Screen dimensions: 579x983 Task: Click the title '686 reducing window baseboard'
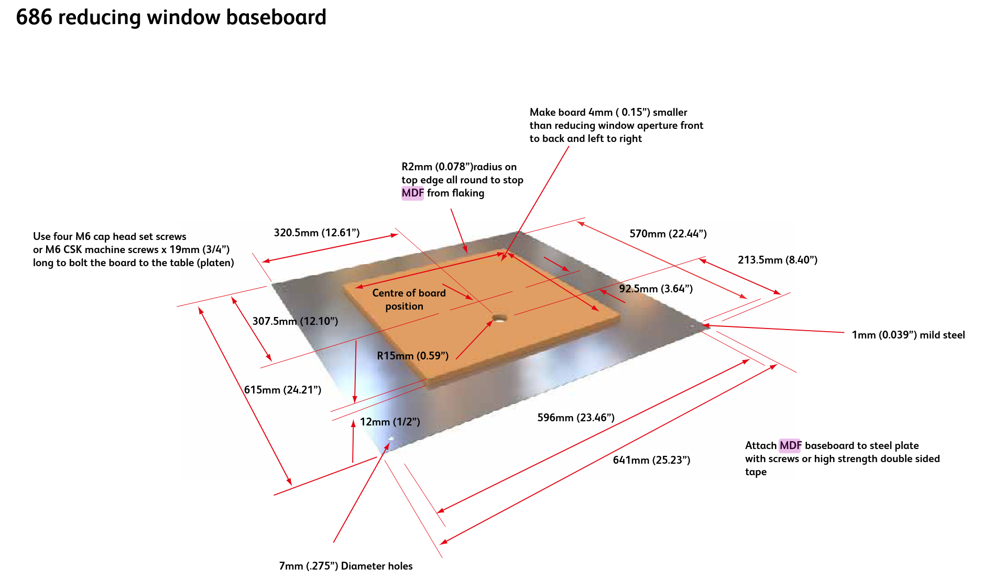point(171,17)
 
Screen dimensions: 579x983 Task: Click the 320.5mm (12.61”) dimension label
point(316,233)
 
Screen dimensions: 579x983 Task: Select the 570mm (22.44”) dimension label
point(668,234)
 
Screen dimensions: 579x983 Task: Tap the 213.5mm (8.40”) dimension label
point(777,260)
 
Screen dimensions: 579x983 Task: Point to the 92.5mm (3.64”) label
point(656,289)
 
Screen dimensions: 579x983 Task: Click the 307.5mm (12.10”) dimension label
point(295,321)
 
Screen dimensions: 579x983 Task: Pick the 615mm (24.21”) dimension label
point(282,390)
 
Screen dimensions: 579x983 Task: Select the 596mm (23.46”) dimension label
point(575,418)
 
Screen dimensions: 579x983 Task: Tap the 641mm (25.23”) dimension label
point(651,460)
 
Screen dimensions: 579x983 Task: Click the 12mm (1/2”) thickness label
point(389,422)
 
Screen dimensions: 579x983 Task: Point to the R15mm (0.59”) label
point(412,356)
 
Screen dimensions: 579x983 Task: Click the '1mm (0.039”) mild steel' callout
point(908,335)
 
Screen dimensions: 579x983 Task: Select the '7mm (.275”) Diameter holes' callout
point(345,566)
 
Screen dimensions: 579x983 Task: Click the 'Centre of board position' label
point(408,299)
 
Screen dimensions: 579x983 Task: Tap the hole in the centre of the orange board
point(499,318)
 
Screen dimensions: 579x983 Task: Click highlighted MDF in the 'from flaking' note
point(412,193)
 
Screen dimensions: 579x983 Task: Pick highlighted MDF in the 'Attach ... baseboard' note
point(790,446)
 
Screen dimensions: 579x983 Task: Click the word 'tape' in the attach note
point(756,472)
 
